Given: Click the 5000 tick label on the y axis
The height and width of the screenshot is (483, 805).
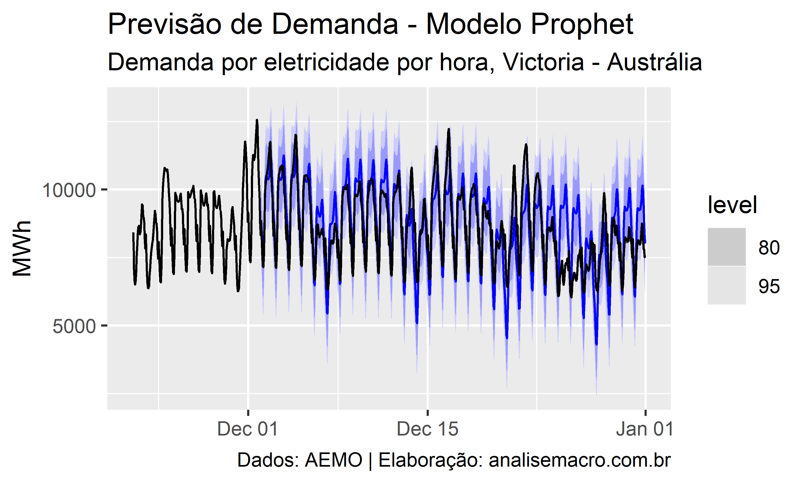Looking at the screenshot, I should (74, 326).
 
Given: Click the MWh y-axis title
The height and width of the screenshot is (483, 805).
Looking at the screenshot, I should (22, 249).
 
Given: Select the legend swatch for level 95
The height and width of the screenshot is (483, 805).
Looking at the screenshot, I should (727, 286).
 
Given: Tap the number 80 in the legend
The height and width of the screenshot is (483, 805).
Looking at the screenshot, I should (769, 248).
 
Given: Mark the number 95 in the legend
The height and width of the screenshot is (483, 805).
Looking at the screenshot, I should (769, 286).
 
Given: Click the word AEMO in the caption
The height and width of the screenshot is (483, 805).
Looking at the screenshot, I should (333, 460).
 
